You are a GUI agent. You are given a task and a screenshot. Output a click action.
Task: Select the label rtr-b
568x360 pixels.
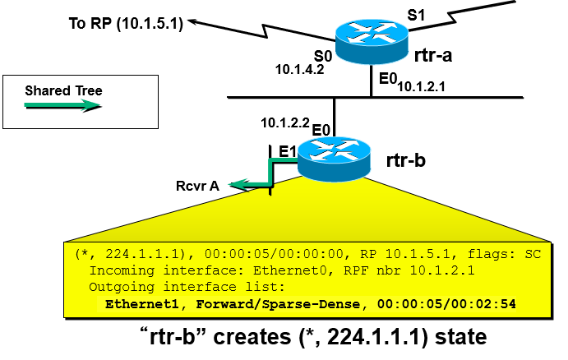pos(408,159)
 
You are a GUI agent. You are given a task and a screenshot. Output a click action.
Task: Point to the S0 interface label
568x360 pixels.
pos(324,56)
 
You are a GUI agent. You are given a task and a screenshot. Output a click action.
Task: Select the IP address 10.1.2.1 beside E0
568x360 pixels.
pos(421,85)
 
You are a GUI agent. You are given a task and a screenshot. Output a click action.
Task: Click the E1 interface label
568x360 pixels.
pos(288,150)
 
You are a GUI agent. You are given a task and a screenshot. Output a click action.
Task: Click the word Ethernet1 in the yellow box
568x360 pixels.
pos(137,303)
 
